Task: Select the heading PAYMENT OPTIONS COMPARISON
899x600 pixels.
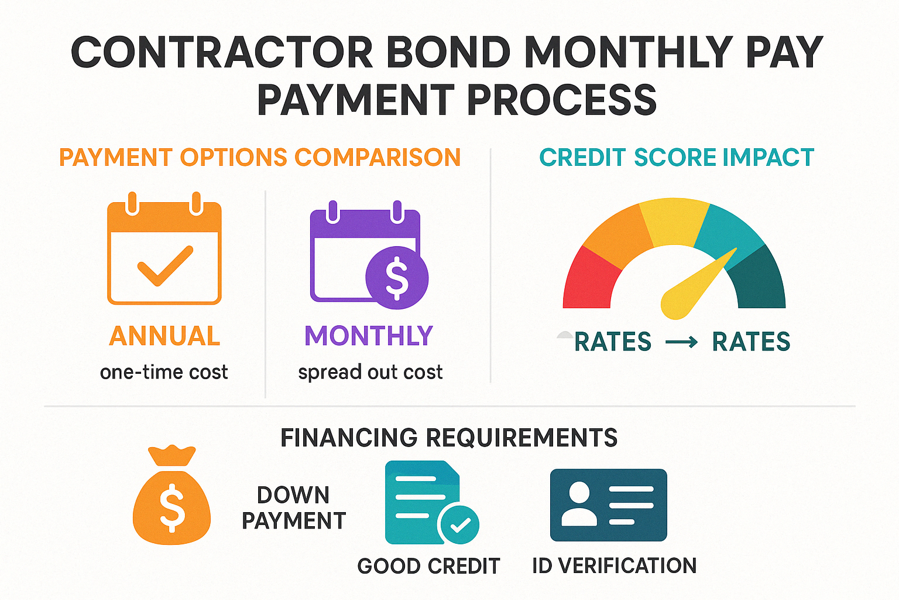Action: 260,157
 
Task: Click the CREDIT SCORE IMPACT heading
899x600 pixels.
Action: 677,157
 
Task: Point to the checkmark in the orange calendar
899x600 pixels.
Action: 165,265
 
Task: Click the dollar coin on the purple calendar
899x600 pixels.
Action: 397,278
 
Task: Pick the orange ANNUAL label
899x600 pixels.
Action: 164,336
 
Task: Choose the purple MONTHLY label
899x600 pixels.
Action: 369,336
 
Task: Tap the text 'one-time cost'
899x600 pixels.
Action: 164,372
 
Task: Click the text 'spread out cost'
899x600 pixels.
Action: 370,373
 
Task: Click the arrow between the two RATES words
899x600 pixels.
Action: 681,342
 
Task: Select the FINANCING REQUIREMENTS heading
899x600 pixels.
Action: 449,438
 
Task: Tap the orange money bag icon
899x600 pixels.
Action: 171,495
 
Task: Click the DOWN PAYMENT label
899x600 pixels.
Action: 293,507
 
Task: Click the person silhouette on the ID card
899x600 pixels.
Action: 579,504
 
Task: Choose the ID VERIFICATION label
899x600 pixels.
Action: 614,566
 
